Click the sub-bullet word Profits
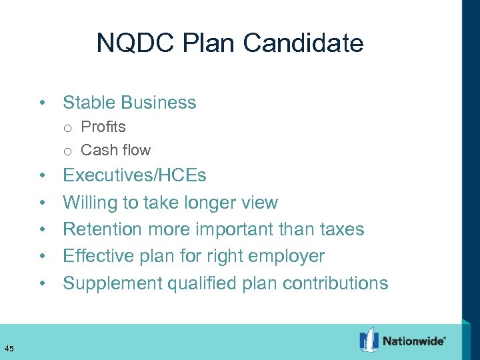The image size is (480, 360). (103, 127)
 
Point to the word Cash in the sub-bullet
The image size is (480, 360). (97, 150)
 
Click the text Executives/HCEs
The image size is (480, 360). (134, 176)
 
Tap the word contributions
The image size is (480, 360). (335, 283)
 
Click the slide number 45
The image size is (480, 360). (9, 348)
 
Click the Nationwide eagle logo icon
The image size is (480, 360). (369, 340)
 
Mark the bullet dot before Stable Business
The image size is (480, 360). (41, 103)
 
